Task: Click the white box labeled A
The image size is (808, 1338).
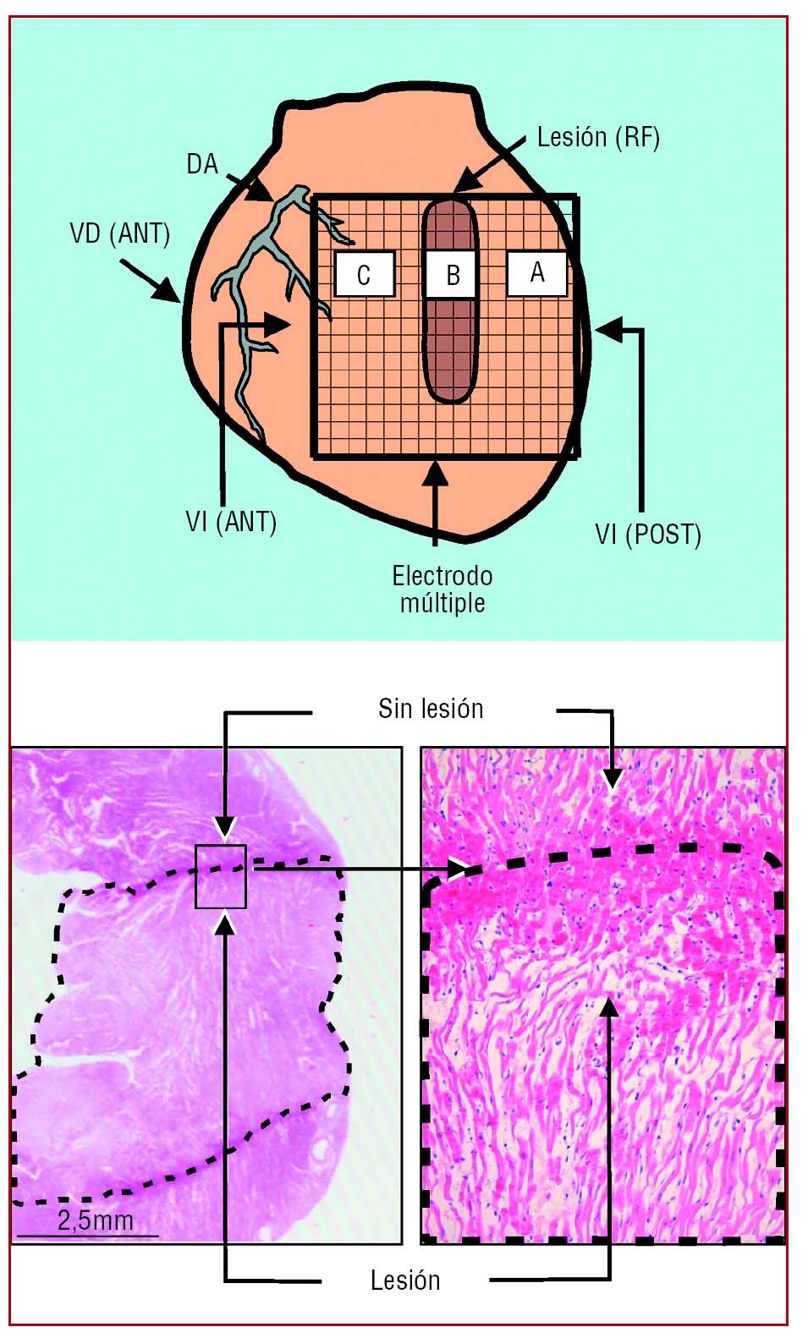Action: point(536,273)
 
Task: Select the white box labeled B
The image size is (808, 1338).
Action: point(452,275)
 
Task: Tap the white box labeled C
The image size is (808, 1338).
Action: point(365,275)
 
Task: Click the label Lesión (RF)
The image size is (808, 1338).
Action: point(598,137)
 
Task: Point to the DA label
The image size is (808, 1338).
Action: point(202,164)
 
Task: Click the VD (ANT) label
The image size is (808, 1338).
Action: point(119,233)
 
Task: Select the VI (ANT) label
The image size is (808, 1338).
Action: point(231,522)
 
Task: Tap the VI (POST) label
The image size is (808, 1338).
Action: point(648,534)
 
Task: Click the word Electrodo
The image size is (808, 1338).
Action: point(442,576)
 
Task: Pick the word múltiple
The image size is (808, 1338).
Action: point(442,603)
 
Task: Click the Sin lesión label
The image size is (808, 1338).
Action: point(431,709)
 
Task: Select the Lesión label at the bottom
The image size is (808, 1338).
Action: point(405,1280)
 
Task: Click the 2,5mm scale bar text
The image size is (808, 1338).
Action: point(96,1220)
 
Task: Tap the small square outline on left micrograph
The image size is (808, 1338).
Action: point(221,876)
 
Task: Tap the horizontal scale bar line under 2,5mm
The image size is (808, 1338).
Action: point(87,1236)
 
